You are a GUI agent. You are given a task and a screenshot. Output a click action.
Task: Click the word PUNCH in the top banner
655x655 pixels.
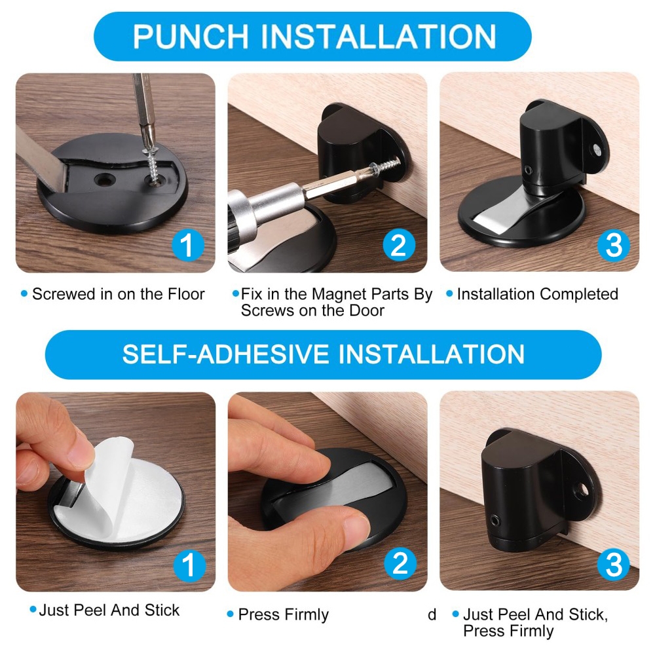(x=191, y=37)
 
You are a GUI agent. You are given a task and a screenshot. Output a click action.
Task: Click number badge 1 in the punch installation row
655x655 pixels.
(x=188, y=245)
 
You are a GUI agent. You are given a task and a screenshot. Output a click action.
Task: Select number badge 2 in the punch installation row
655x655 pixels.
(x=399, y=245)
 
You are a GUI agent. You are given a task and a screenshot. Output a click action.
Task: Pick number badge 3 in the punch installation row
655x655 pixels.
(x=613, y=245)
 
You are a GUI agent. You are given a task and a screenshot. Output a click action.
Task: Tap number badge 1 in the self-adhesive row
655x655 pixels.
(x=189, y=565)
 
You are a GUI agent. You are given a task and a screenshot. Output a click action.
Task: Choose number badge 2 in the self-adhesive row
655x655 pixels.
(x=400, y=563)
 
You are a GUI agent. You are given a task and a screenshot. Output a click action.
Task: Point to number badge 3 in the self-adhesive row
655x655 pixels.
(x=613, y=565)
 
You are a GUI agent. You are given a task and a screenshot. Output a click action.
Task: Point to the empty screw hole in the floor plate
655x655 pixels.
(x=103, y=180)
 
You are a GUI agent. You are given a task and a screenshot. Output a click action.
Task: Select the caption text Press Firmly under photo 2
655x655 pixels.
(x=283, y=615)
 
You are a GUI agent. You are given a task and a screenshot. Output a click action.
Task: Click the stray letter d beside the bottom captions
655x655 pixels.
(x=432, y=614)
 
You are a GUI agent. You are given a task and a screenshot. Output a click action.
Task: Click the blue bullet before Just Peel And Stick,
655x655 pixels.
(x=455, y=614)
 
